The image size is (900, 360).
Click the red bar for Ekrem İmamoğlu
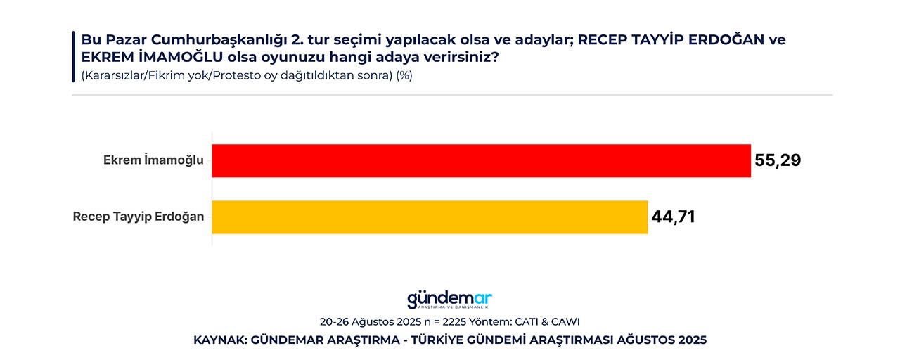click(x=481, y=160)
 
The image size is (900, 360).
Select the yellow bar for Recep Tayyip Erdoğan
click(x=429, y=217)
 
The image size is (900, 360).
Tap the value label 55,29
click(x=778, y=160)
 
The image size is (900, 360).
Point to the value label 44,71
click(x=673, y=217)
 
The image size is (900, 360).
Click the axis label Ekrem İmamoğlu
click(x=153, y=160)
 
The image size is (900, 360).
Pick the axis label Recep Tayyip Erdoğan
click(x=139, y=217)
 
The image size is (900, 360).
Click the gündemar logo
click(x=450, y=300)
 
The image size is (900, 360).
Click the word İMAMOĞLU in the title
click(x=169, y=58)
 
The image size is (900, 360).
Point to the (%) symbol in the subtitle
click(x=404, y=75)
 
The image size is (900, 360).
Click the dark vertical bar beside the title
click(x=73, y=56)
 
